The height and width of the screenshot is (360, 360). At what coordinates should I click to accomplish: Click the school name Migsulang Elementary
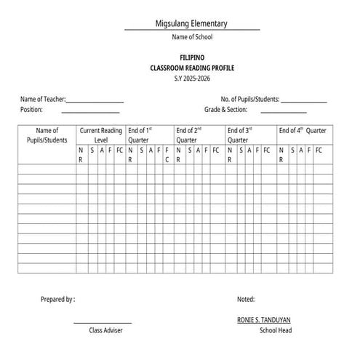[191, 23]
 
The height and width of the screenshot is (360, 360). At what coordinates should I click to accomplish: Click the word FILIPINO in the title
[192, 57]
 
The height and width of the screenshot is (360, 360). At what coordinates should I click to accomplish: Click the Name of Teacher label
[43, 99]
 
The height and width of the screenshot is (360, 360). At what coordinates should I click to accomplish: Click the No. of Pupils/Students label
[250, 99]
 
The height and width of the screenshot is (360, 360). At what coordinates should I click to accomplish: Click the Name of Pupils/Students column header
[47, 135]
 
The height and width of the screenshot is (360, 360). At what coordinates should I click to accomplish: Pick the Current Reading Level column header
[101, 135]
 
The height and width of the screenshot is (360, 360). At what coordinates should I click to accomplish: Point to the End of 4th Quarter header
[302, 131]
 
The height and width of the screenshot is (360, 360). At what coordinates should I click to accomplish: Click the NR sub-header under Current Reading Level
[81, 154]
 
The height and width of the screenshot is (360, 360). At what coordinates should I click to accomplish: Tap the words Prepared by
[57, 299]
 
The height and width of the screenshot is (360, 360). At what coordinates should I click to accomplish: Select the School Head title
[275, 330]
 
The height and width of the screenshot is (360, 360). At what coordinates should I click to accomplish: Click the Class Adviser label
[105, 330]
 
